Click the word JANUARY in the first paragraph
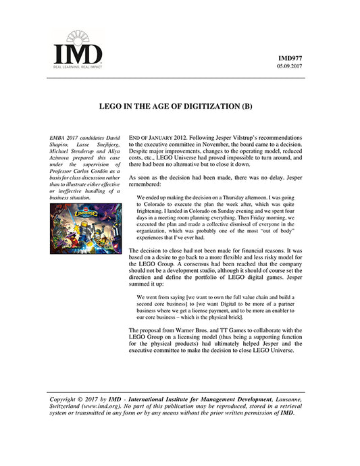click(x=166, y=137)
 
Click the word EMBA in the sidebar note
click(x=61, y=138)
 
